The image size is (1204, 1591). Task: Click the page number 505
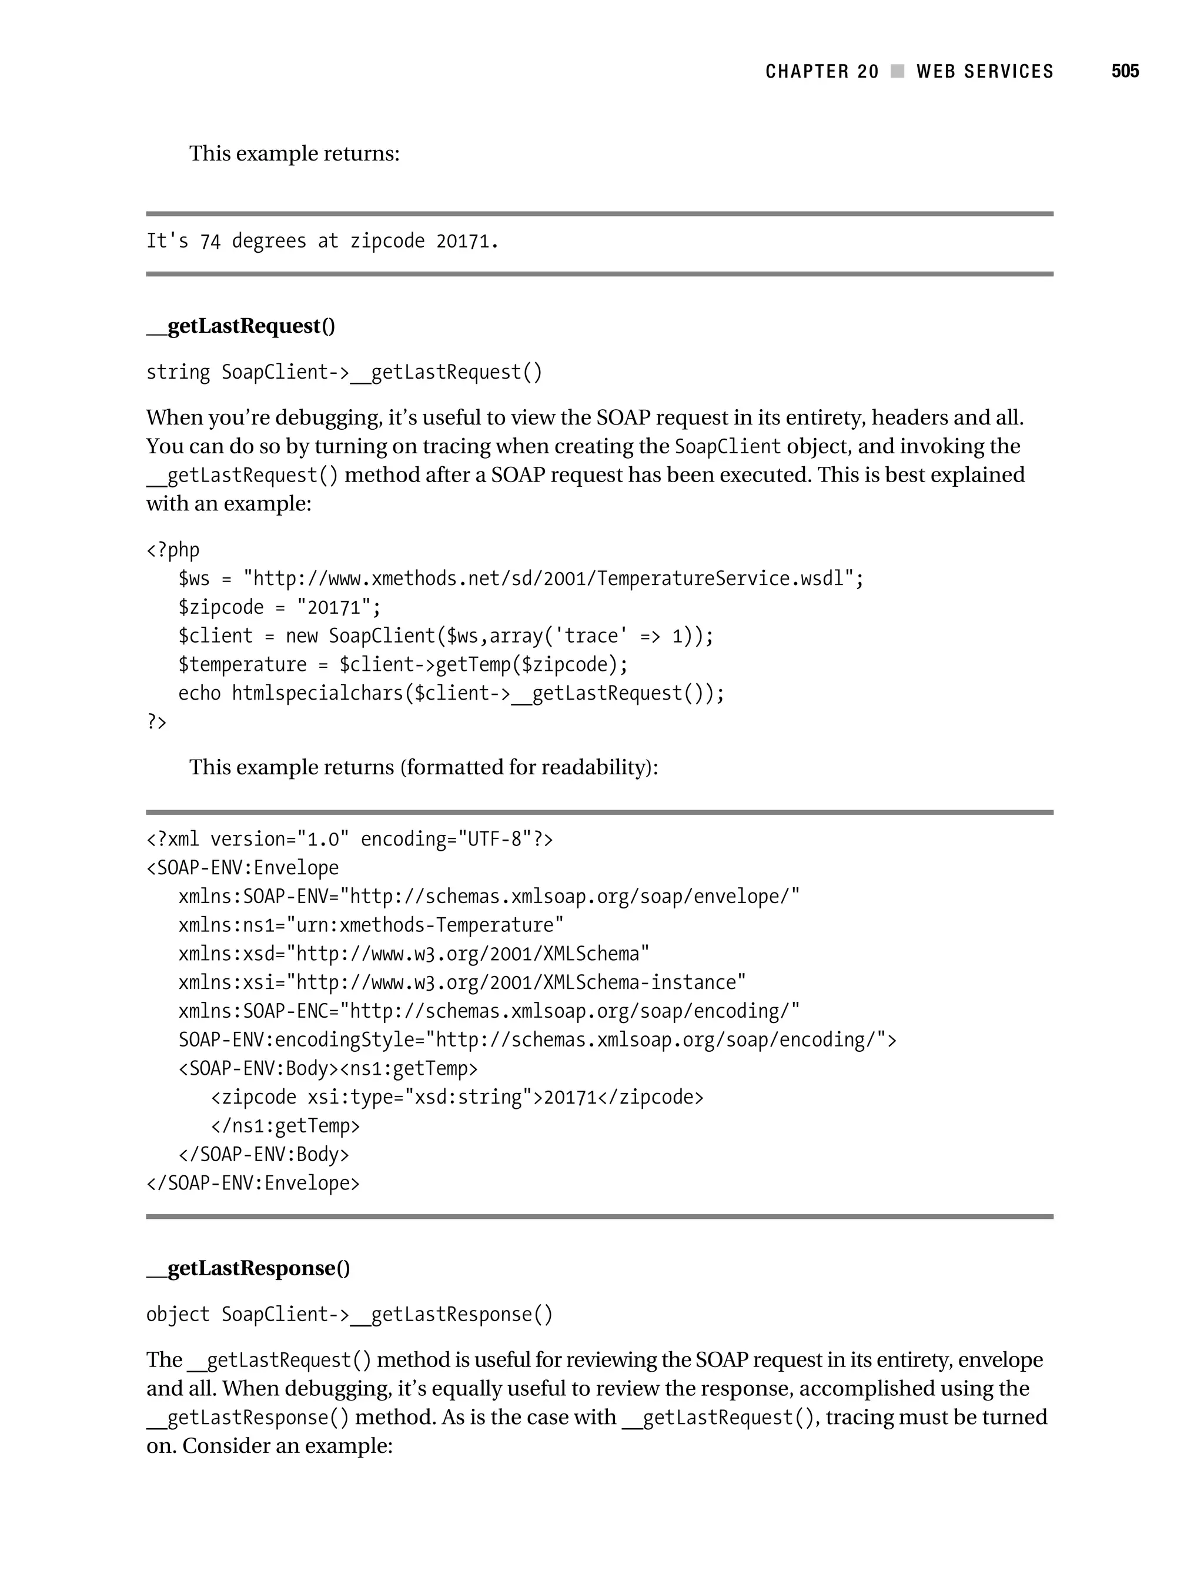point(1124,71)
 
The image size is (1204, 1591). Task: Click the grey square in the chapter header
point(897,71)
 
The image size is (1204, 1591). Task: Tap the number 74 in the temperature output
point(210,242)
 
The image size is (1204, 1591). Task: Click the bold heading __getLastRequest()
point(241,326)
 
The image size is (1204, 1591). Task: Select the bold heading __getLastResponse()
point(248,1268)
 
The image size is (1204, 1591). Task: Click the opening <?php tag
point(173,550)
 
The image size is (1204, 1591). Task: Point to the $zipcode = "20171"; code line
point(279,608)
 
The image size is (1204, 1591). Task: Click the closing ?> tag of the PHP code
point(156,721)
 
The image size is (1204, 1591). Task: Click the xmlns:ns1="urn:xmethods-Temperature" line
point(370,925)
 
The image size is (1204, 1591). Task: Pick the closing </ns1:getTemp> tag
point(285,1126)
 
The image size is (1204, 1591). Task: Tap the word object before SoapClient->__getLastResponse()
point(178,1315)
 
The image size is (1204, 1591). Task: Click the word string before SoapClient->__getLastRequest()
point(178,373)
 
